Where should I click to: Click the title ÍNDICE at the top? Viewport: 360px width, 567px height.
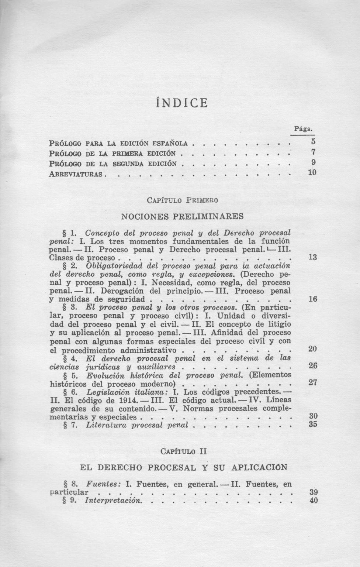coord(181,102)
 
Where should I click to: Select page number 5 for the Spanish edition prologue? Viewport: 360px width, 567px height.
coord(313,141)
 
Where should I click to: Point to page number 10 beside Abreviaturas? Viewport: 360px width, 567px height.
coord(312,172)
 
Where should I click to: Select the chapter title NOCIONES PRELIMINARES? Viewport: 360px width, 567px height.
coord(182,216)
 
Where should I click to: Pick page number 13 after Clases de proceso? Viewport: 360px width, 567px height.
coord(312,257)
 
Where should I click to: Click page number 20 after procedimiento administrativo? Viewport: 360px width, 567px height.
coord(312,349)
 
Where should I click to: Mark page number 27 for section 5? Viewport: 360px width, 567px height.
coord(313,383)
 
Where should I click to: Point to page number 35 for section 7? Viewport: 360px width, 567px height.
coord(313,425)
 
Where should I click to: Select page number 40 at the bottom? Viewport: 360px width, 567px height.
coord(313,501)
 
